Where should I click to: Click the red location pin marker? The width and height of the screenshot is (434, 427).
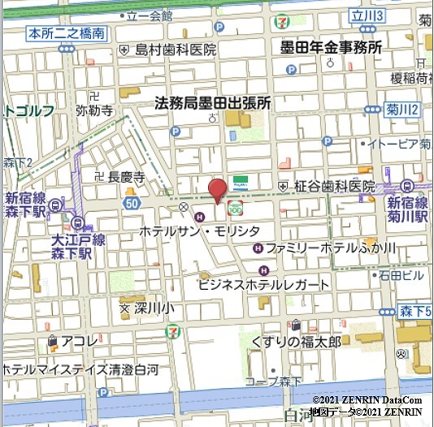coord(217,189)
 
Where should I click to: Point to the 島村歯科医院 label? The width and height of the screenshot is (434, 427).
coord(175,50)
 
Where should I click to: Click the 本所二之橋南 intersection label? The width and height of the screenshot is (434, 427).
coord(66,33)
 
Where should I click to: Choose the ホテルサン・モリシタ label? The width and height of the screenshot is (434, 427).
coord(210,231)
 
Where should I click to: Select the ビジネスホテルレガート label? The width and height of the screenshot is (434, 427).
coord(264,285)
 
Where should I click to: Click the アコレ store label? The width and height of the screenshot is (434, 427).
coord(79,342)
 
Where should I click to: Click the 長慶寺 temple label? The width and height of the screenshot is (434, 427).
coord(126,176)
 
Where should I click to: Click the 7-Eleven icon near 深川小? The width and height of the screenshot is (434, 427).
coord(172,331)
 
